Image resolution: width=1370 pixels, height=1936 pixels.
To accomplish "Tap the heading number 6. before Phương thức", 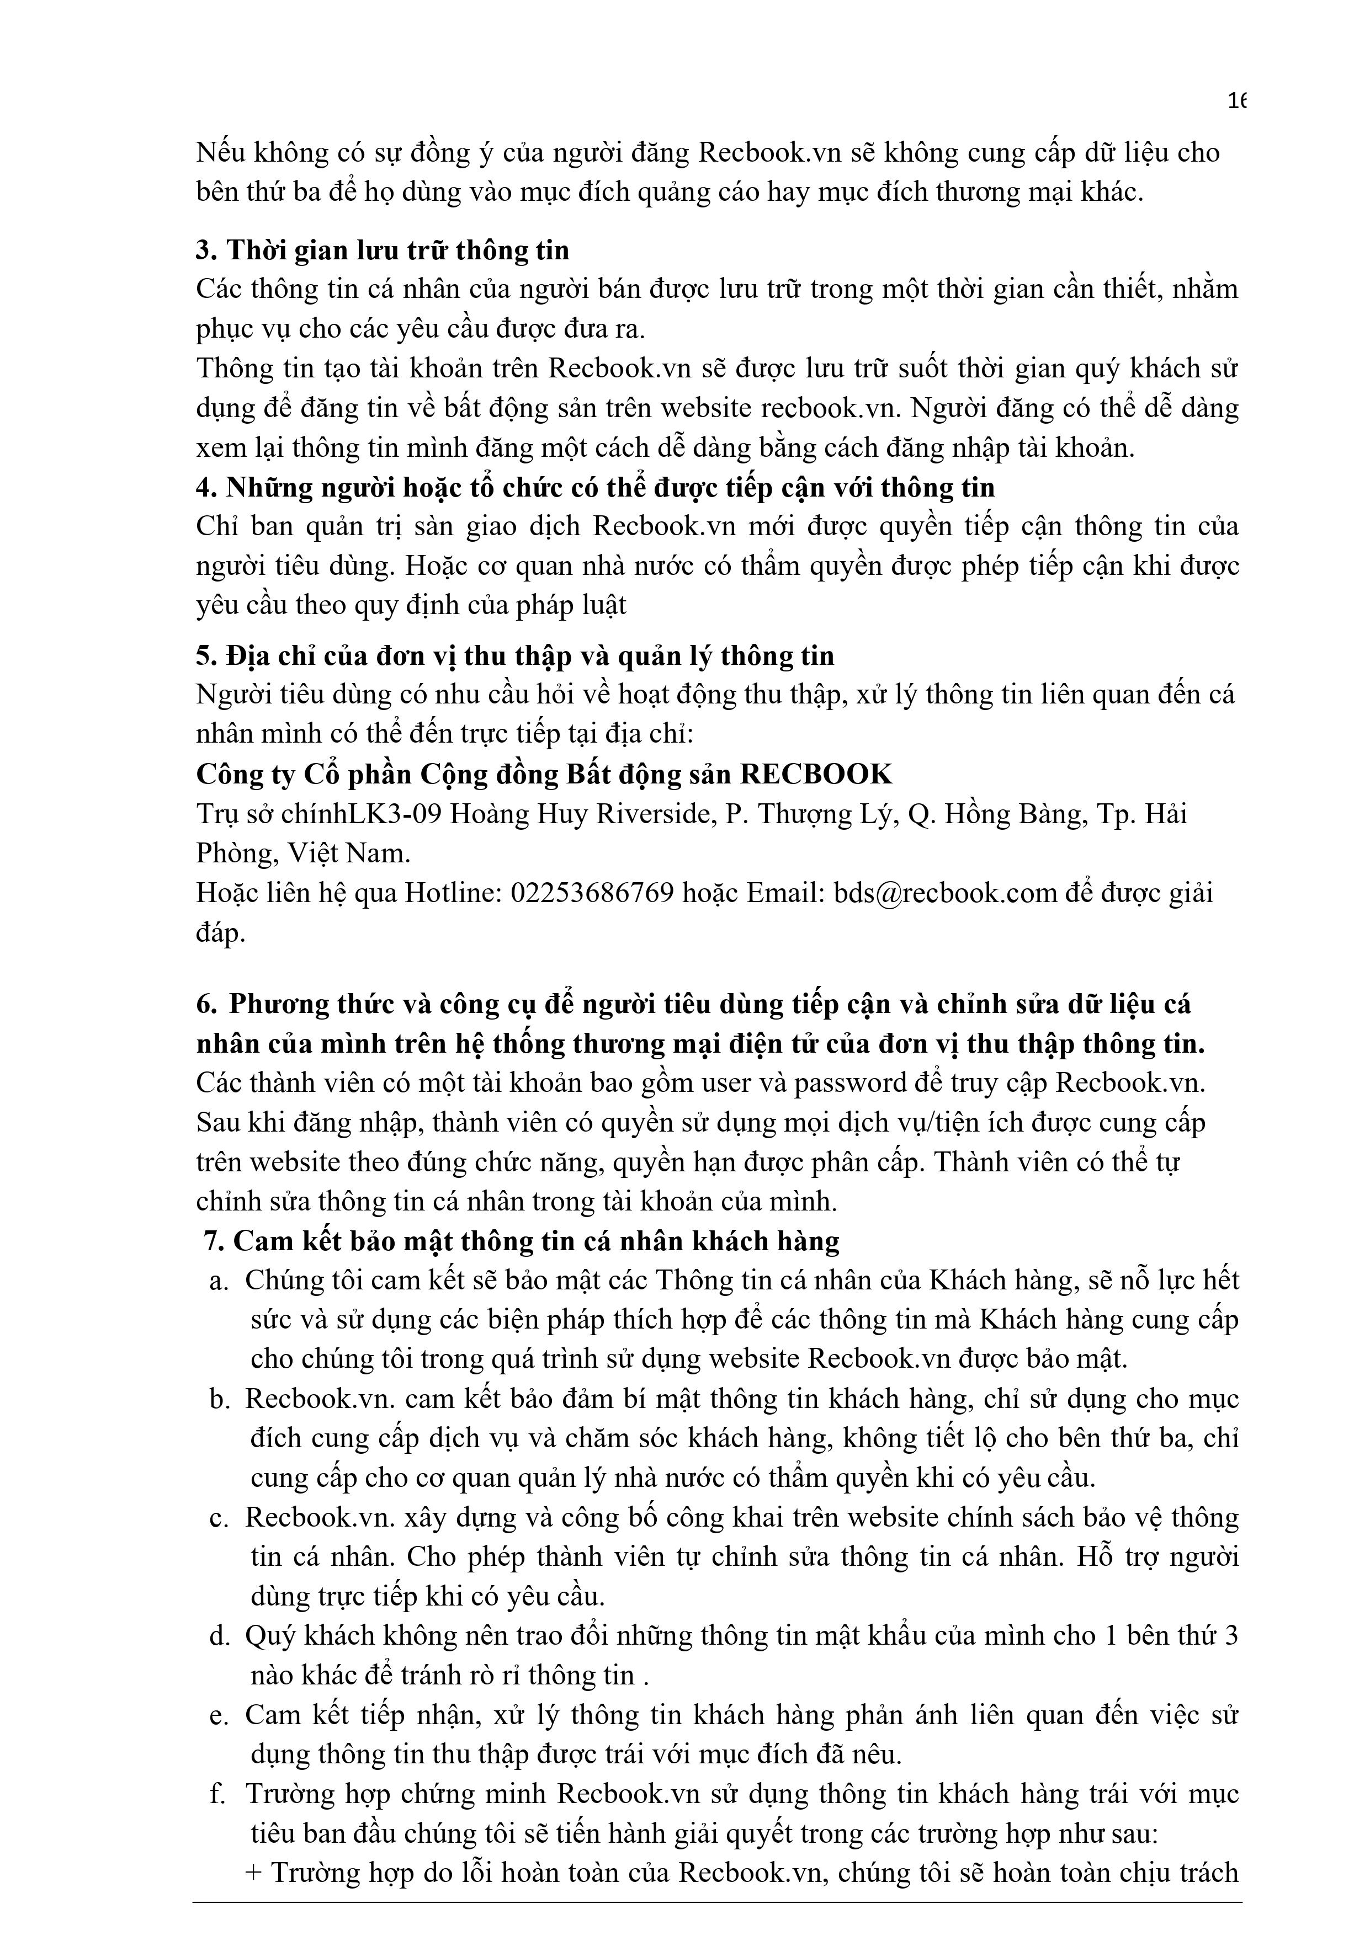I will (x=206, y=1004).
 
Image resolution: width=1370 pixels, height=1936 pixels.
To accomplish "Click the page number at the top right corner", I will (x=1237, y=101).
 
